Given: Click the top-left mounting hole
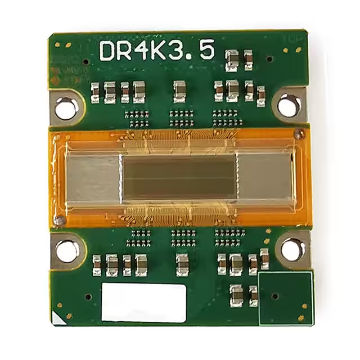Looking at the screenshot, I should pos(66,107).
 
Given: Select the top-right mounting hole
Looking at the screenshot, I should pos(289,106).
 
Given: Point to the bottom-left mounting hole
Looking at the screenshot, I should pos(67,251).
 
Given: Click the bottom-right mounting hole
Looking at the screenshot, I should pos(292,249).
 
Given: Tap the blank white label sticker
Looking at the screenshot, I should pos(144,303).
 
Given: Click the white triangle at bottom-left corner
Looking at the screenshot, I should pos(57,318).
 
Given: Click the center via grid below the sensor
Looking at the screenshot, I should pos(183,237).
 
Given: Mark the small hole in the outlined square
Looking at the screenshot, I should pos(274,295).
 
